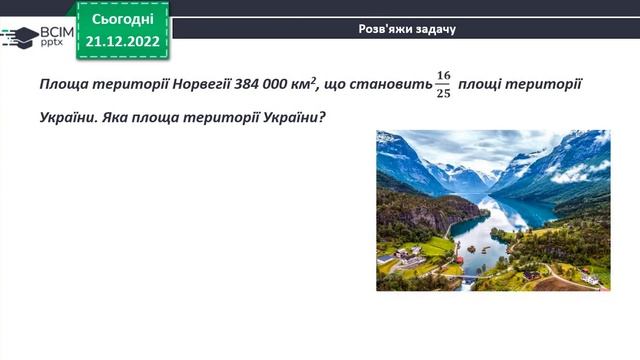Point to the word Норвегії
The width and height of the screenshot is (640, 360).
click(197, 84)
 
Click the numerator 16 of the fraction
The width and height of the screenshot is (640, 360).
click(443, 75)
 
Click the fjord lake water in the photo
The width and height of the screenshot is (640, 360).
click(478, 235)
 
